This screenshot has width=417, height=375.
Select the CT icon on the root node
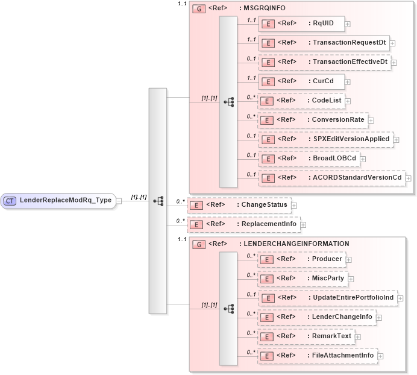click(10, 200)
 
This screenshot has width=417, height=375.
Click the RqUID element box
click(301, 24)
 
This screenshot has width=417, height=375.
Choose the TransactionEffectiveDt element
click(325, 62)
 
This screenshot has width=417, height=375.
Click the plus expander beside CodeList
click(348, 101)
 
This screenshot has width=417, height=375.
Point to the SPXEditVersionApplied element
click(325, 139)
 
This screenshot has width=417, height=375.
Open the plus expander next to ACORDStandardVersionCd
click(409, 178)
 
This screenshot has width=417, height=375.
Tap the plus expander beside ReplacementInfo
click(303, 225)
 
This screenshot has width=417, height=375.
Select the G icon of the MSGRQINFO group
click(198, 9)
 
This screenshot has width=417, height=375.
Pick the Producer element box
click(301, 259)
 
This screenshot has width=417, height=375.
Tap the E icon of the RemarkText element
click(267, 336)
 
